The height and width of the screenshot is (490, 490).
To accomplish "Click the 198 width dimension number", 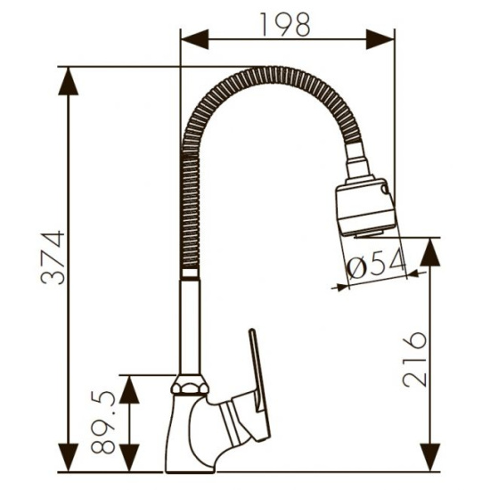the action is pyautogui.click(x=285, y=24).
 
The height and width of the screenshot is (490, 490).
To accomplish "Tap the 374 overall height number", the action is pyautogui.click(x=53, y=257).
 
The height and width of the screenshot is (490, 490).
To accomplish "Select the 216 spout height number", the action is pyautogui.click(x=414, y=359).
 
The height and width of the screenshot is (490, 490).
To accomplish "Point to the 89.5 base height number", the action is pyautogui.click(x=103, y=422).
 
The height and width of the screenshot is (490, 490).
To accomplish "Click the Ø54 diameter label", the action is pyautogui.click(x=377, y=264).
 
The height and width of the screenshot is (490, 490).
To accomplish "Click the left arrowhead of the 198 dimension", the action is pyautogui.click(x=195, y=39).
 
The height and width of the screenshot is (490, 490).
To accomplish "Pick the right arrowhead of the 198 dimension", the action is pyautogui.click(x=380, y=39).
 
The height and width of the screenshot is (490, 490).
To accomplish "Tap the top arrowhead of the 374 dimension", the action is pyautogui.click(x=68, y=80).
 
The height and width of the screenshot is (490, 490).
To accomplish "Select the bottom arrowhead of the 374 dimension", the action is pyautogui.click(x=68, y=458).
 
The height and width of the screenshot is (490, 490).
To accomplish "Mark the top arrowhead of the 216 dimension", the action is pyautogui.click(x=430, y=252).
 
